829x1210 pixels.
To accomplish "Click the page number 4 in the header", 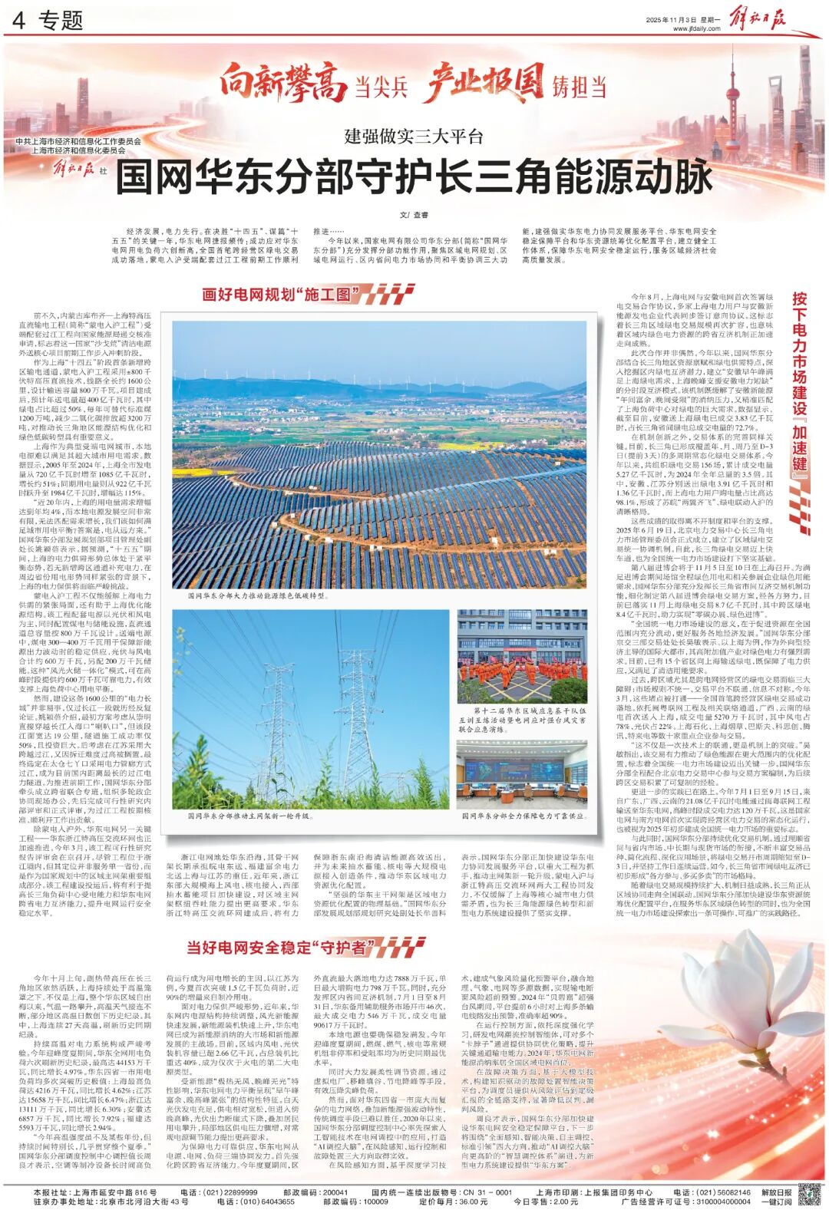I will (18, 21).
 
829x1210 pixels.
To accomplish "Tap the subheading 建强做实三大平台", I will (414, 137).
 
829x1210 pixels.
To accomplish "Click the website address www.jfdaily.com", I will (691, 29).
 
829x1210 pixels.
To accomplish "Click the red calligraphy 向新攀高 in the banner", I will (283, 83).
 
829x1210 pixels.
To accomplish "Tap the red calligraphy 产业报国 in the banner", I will (487, 83).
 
